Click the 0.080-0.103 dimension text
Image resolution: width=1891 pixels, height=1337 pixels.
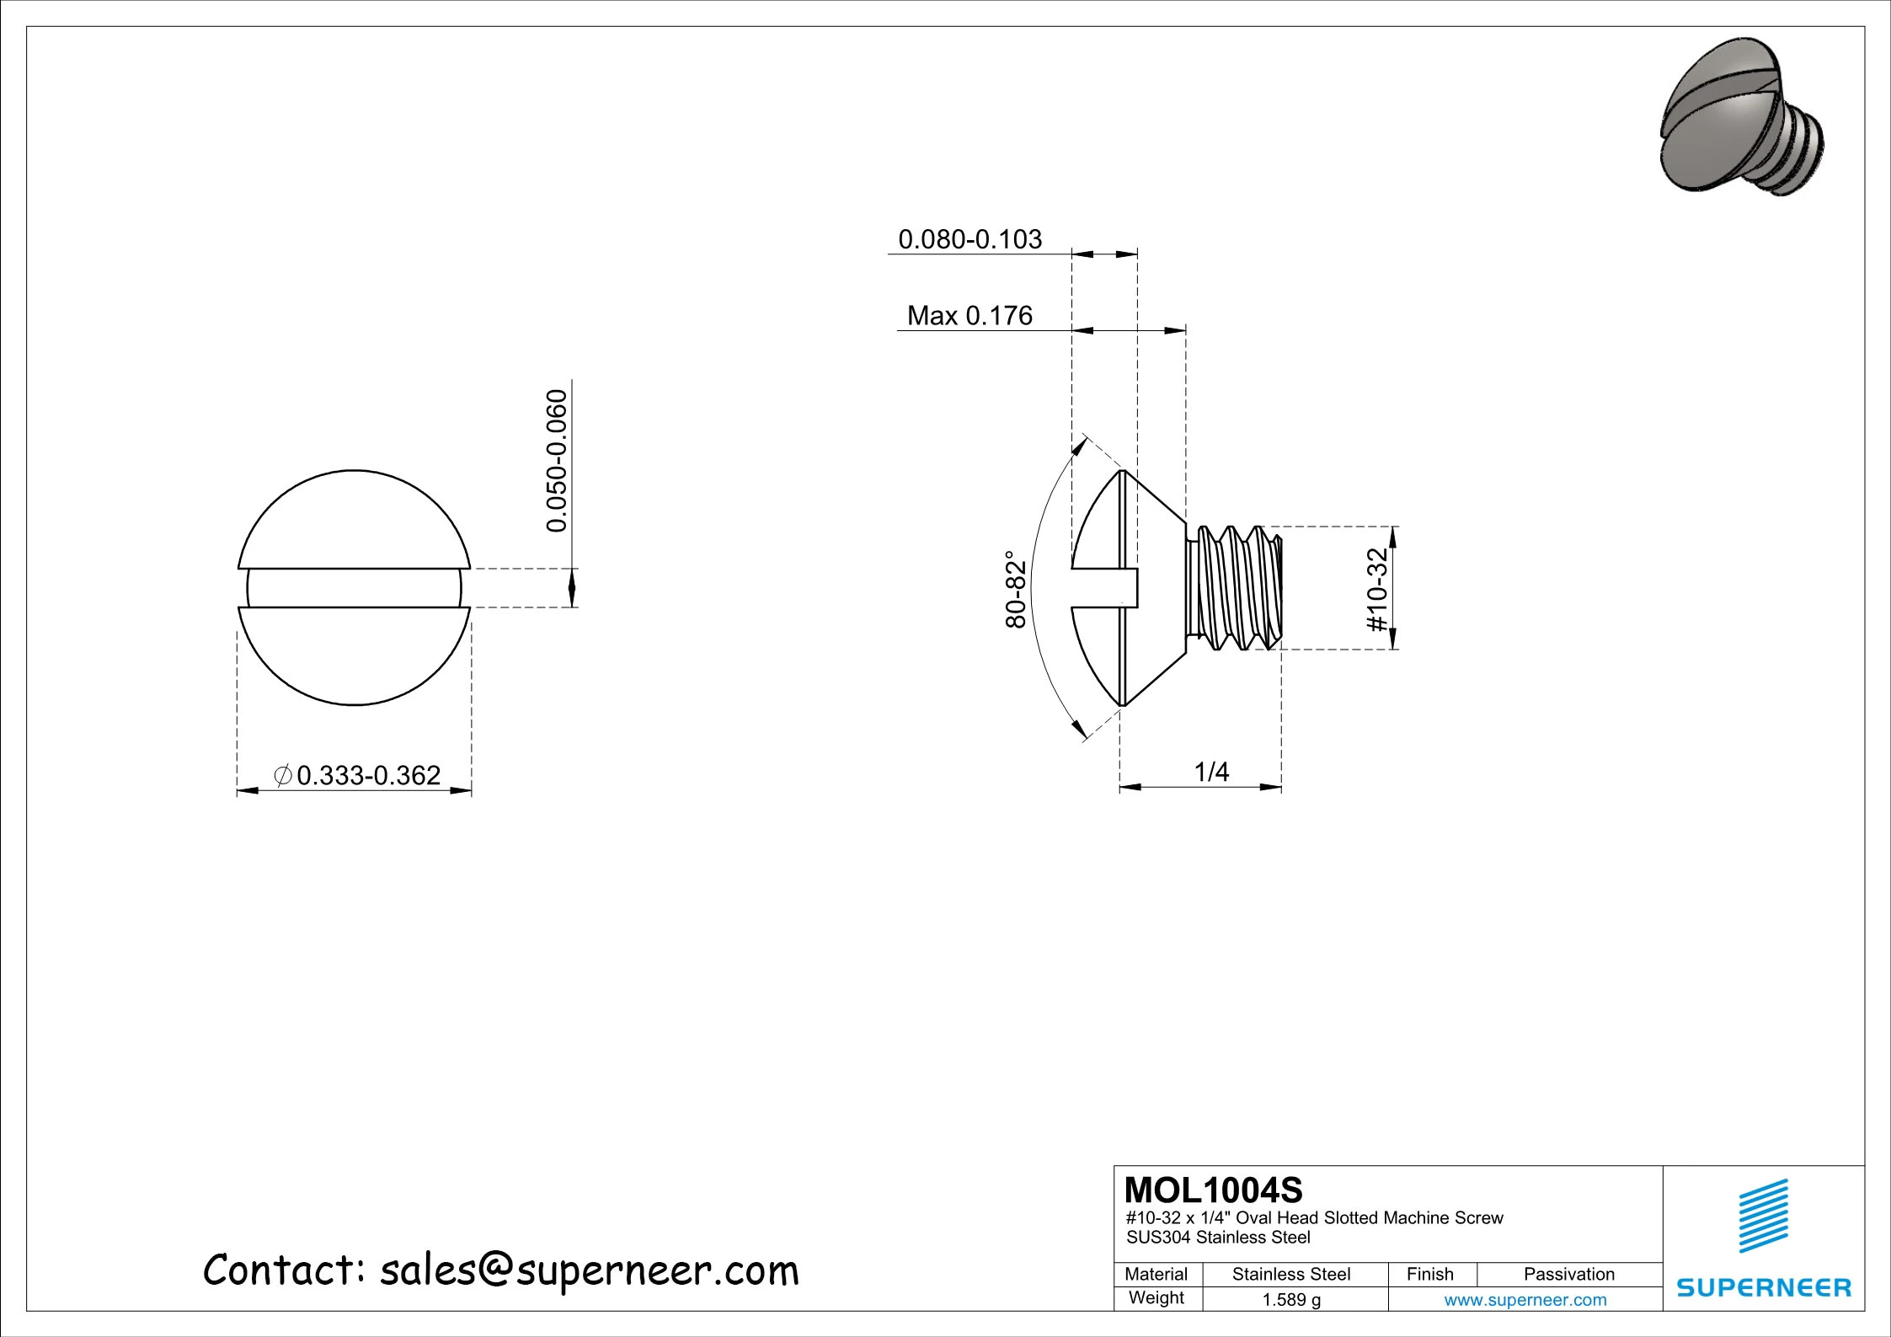(970, 239)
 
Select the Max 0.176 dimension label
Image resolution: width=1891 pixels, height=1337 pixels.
(970, 316)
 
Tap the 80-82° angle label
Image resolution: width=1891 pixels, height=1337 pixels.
(1017, 589)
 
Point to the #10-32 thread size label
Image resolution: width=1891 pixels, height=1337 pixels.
(1376, 589)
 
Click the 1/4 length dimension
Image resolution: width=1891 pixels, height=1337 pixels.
(1211, 771)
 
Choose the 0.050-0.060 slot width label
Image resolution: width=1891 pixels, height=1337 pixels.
(557, 461)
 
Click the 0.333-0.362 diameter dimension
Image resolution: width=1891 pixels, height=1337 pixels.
(367, 775)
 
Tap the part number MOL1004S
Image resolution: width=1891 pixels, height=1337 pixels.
(1213, 1190)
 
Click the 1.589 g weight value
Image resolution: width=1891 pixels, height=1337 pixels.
(1291, 1300)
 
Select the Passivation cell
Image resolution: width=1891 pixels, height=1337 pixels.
(1568, 1274)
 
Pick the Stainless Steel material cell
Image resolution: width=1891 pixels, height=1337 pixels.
(1291, 1274)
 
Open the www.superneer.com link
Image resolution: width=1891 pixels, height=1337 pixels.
(1525, 1300)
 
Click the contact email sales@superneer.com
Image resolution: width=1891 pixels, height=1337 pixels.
(589, 1270)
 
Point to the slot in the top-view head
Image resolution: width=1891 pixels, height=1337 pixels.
(355, 588)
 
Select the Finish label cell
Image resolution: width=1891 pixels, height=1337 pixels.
(1430, 1274)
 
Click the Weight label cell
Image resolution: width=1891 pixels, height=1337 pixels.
(1157, 1298)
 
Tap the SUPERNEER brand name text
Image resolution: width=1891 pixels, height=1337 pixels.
(1764, 1288)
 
